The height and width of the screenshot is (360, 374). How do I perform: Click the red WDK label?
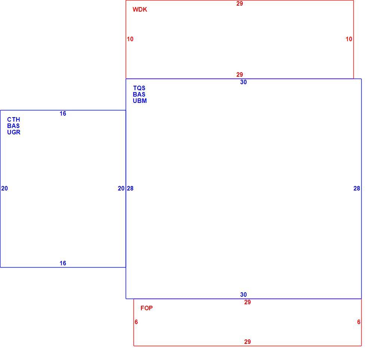tap(140, 10)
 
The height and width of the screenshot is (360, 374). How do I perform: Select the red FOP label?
tap(147, 308)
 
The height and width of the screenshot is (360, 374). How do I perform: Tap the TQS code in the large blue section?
tap(139, 88)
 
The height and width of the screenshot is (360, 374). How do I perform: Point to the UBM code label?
tap(140, 101)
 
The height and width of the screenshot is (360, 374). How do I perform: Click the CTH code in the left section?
tap(13, 119)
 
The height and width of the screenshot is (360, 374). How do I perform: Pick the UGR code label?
tap(13, 132)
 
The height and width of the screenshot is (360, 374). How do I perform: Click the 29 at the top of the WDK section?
tap(240, 4)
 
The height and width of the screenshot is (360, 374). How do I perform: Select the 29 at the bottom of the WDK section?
tap(240, 75)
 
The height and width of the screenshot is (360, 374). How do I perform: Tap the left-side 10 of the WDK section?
tap(130, 39)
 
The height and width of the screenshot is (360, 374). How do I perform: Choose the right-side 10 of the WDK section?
tap(349, 39)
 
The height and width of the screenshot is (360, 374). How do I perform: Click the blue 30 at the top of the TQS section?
tap(243, 82)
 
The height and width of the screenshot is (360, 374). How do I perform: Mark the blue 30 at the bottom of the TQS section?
tap(243, 295)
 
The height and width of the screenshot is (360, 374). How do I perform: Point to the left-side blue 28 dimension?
tap(130, 189)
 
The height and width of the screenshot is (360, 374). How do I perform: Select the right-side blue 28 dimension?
tap(356, 189)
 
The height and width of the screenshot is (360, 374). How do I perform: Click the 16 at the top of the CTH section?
tap(63, 114)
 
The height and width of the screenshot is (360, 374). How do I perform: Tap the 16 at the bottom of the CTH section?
tap(63, 263)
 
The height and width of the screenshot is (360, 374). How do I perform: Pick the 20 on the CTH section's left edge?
tap(4, 189)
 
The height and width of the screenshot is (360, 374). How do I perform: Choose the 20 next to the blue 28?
tap(121, 189)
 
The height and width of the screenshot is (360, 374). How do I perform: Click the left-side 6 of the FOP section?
tap(136, 322)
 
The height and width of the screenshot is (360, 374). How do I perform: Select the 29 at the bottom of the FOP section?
tap(247, 342)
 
